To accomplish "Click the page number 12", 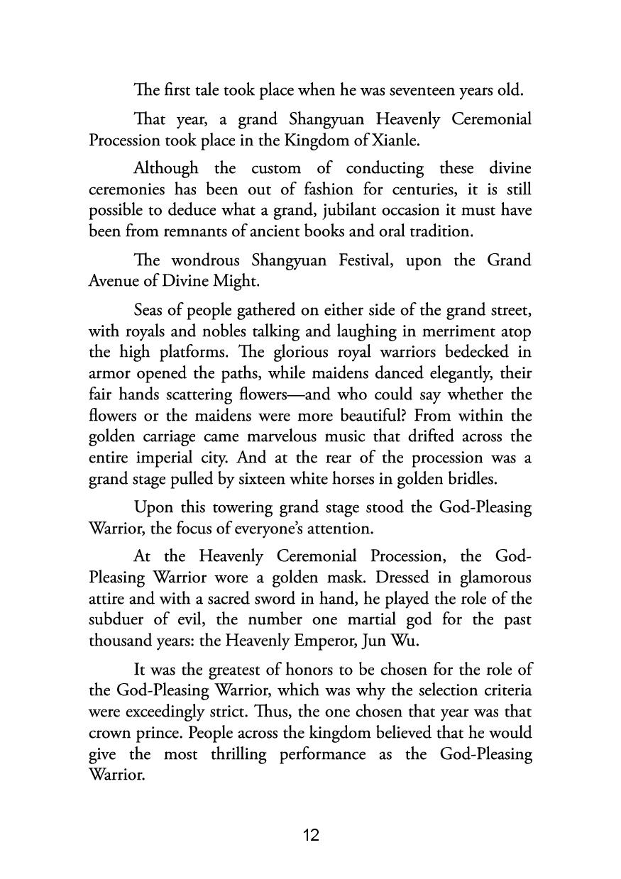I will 311,836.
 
